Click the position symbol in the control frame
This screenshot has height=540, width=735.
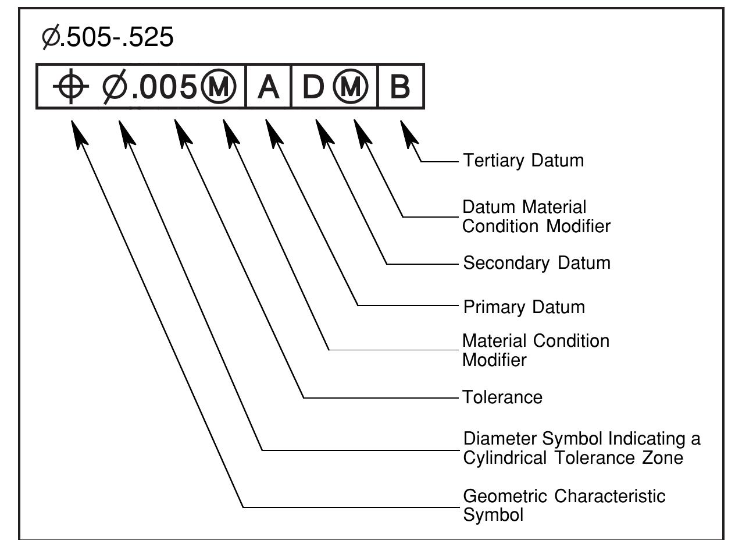click(x=71, y=86)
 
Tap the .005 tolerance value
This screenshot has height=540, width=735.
click(x=165, y=87)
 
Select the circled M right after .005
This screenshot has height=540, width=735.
click(x=219, y=87)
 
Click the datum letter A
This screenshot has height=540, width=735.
click(x=269, y=87)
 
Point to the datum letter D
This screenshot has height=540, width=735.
click(x=313, y=87)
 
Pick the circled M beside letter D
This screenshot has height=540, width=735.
click(x=351, y=87)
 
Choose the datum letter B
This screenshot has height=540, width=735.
click(x=400, y=87)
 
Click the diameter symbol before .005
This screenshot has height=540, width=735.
click(x=115, y=87)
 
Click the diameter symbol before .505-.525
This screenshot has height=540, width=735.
click(x=51, y=37)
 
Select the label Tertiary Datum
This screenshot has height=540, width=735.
click(x=523, y=161)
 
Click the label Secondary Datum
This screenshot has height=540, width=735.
click(x=537, y=263)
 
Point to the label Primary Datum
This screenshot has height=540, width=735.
click(x=524, y=307)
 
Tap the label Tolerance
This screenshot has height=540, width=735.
click(x=502, y=397)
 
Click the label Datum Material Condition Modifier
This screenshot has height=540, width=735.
click(x=536, y=216)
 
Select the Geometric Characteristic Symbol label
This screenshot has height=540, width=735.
click(x=564, y=505)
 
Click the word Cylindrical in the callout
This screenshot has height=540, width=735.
click(x=505, y=457)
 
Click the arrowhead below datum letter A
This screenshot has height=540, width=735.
click(x=274, y=134)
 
